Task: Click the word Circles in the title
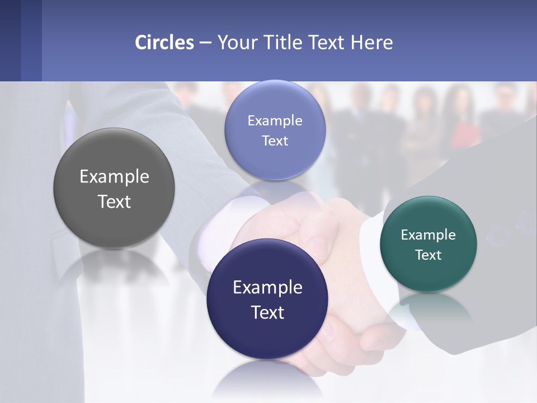point(164,43)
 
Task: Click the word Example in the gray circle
point(114,177)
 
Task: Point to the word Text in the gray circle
point(114,202)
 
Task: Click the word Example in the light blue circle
point(275,121)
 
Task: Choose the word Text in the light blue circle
point(275,141)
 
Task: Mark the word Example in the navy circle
point(267,288)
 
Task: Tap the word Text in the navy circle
point(267,312)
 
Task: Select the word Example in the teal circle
point(428,235)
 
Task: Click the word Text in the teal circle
point(428,255)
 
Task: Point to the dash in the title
point(205,43)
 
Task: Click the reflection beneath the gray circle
point(114,269)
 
